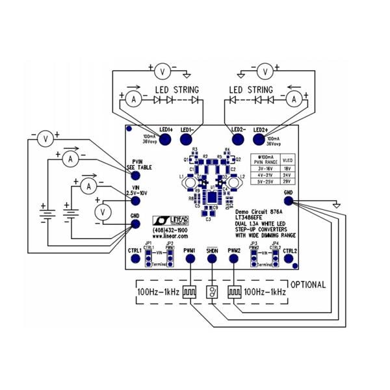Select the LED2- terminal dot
[238, 138]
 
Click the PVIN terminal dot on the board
[136, 156]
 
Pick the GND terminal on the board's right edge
[288, 201]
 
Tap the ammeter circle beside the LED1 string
[133, 99]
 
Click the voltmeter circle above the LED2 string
[265, 70]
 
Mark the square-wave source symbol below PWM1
[190, 292]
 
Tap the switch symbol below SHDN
[212, 292]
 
